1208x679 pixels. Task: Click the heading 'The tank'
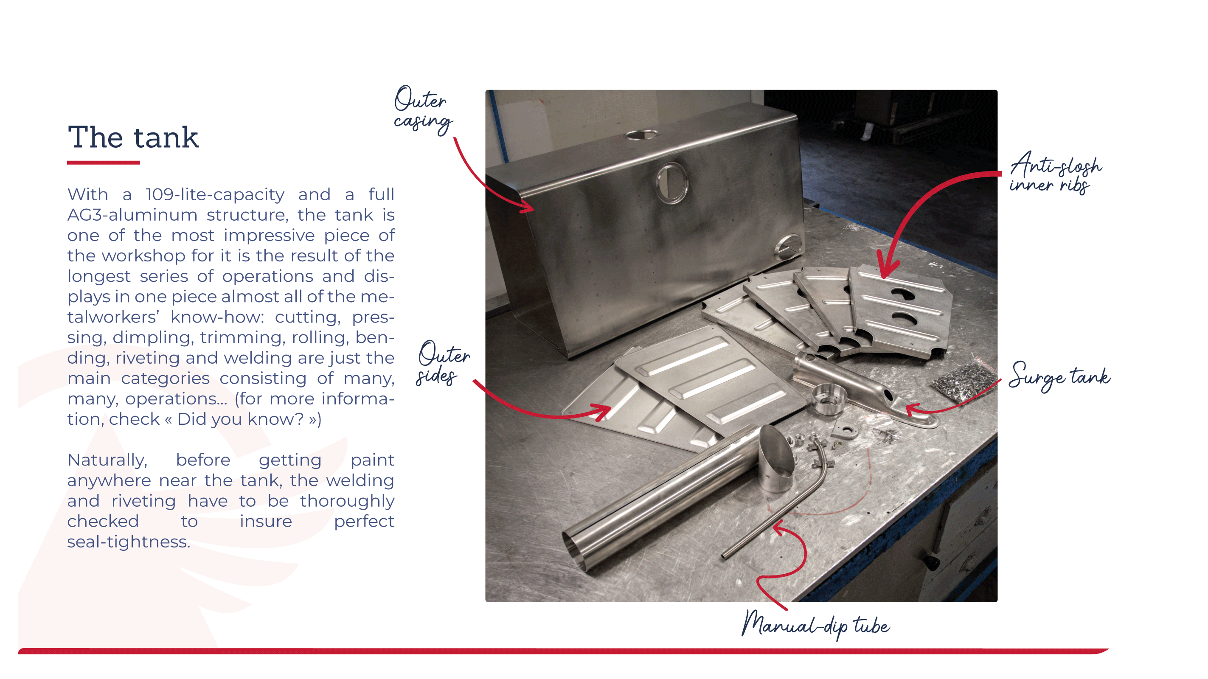(x=133, y=137)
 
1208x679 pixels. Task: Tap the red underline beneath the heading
(x=104, y=162)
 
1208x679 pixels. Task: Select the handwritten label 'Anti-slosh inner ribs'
(x=1055, y=173)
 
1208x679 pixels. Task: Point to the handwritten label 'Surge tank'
(x=1059, y=376)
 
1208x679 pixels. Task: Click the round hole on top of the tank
(x=641, y=135)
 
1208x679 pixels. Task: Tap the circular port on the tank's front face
(x=672, y=183)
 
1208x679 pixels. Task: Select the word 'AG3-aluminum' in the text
(x=132, y=215)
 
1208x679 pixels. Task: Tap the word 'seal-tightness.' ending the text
(x=129, y=542)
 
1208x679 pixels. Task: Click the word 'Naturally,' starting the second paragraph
(x=107, y=460)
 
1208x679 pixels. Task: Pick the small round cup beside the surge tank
(x=829, y=398)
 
